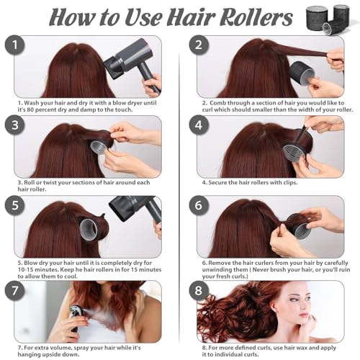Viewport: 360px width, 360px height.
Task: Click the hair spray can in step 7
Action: click(75, 318)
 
